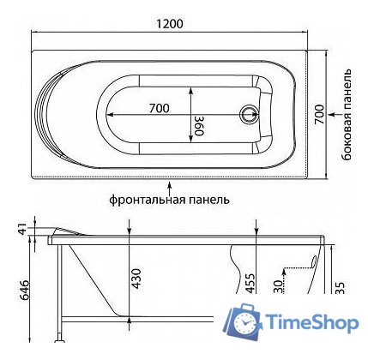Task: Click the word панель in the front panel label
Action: click(209, 200)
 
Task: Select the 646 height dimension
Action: click(24, 293)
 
